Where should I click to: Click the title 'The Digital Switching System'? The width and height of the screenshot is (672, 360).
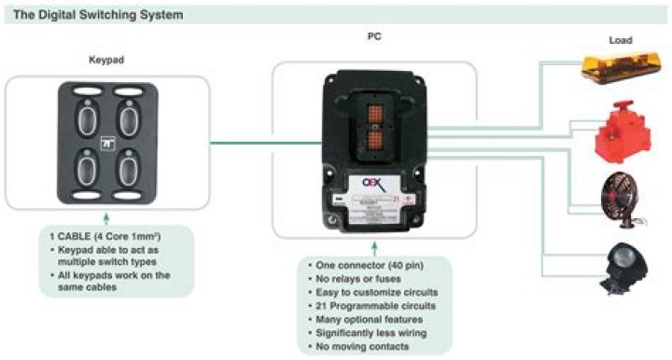[91, 15]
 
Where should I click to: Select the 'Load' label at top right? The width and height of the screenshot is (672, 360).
[621, 41]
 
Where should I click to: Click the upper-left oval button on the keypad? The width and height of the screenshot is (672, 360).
[86, 121]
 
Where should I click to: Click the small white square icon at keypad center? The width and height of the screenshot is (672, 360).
[106, 145]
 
